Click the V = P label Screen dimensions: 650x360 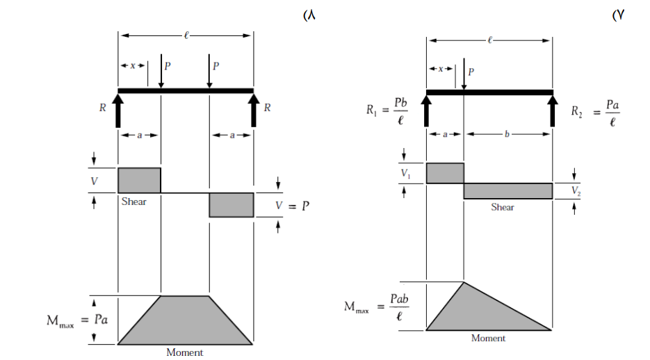pyautogui.click(x=293, y=206)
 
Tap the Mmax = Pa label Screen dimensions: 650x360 pyautogui.click(x=77, y=320)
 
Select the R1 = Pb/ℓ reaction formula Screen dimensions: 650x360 pyautogui.click(x=387, y=111)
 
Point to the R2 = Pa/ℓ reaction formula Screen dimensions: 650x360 pyautogui.click(x=595, y=113)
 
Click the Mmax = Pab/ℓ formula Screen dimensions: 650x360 pyautogui.click(x=376, y=307)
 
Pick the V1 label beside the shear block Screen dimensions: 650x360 pyautogui.click(x=406, y=174)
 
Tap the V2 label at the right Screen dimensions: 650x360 pyautogui.click(x=576, y=190)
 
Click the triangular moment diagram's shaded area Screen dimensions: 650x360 pyautogui.click(x=477, y=315)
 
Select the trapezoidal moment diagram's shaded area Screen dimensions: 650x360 pyautogui.click(x=185, y=323)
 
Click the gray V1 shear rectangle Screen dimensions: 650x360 pyautogui.click(x=445, y=173)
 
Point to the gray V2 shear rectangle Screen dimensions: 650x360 pyautogui.click(x=508, y=191)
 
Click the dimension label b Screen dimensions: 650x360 pyautogui.click(x=507, y=134)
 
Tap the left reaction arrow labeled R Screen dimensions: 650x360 pyautogui.click(x=118, y=111)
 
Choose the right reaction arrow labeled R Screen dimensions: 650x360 pyautogui.click(x=254, y=111)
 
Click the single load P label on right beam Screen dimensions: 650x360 pyautogui.click(x=471, y=72)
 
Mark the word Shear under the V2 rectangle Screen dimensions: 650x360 pyautogui.click(x=503, y=207)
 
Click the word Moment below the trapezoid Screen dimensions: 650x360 pyautogui.click(x=185, y=352)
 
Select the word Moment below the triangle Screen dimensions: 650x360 pyautogui.click(x=488, y=338)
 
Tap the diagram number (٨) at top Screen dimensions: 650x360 pyautogui.click(x=309, y=15)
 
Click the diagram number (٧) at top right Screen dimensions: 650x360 pyautogui.click(x=618, y=15)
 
